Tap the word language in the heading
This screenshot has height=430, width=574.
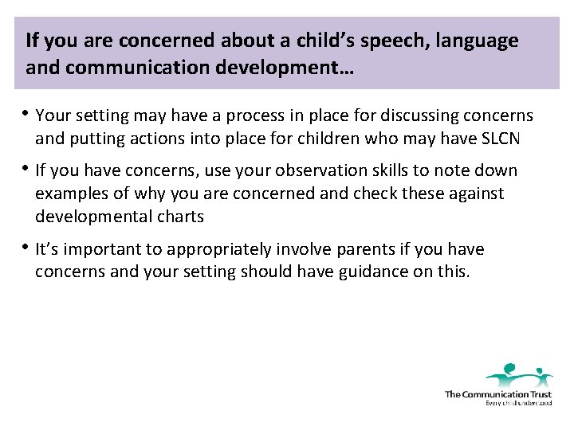475,41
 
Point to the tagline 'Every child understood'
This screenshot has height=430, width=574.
518,403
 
